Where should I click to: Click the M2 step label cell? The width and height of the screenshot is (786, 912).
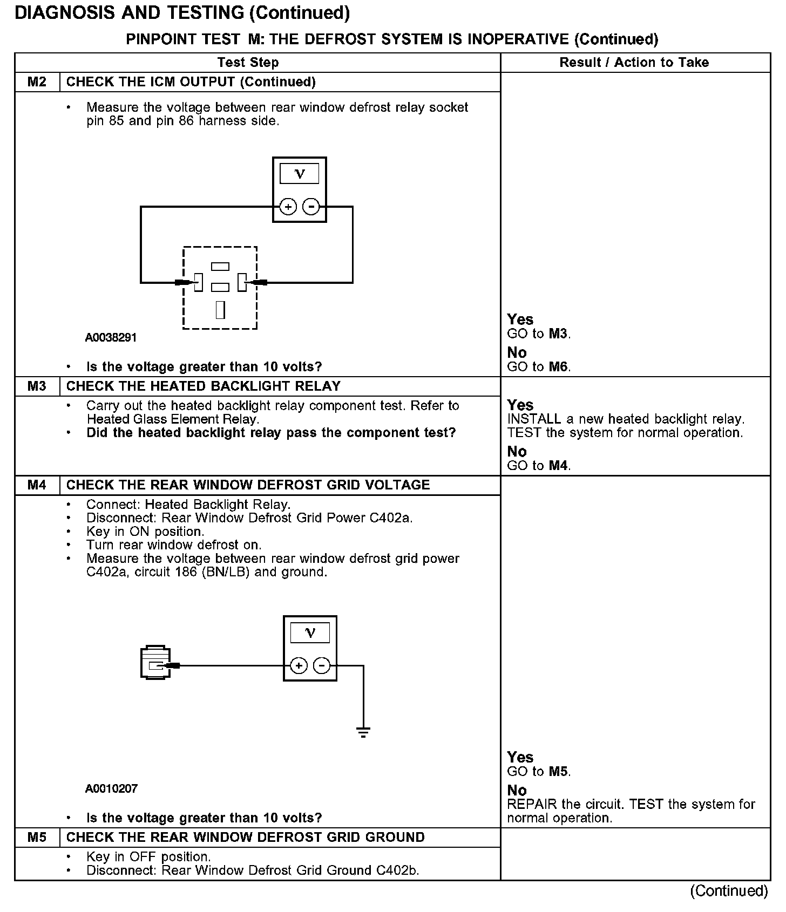click(37, 82)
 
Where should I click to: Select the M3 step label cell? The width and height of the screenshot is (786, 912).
click(37, 386)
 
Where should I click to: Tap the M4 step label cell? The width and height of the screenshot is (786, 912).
click(37, 485)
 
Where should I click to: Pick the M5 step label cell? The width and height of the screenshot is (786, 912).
click(37, 838)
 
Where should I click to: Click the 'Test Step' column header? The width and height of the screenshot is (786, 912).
click(248, 63)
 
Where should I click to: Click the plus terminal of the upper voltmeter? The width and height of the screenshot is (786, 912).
click(288, 207)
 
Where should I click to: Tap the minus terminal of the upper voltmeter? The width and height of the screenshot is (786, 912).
click(311, 207)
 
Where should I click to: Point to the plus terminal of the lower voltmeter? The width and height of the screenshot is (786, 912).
click(299, 666)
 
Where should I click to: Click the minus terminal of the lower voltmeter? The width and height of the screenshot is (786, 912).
click(322, 666)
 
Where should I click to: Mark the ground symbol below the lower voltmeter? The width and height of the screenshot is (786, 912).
click(363, 732)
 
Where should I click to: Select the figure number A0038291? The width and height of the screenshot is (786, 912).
click(111, 338)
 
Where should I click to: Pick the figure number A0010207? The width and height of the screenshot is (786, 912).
click(111, 788)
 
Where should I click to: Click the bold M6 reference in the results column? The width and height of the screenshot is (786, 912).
click(559, 367)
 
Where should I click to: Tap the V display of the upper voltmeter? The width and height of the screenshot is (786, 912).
click(300, 174)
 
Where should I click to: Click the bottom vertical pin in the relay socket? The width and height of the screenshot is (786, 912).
click(220, 309)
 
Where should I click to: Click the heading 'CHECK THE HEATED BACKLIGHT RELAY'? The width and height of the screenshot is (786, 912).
click(204, 386)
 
